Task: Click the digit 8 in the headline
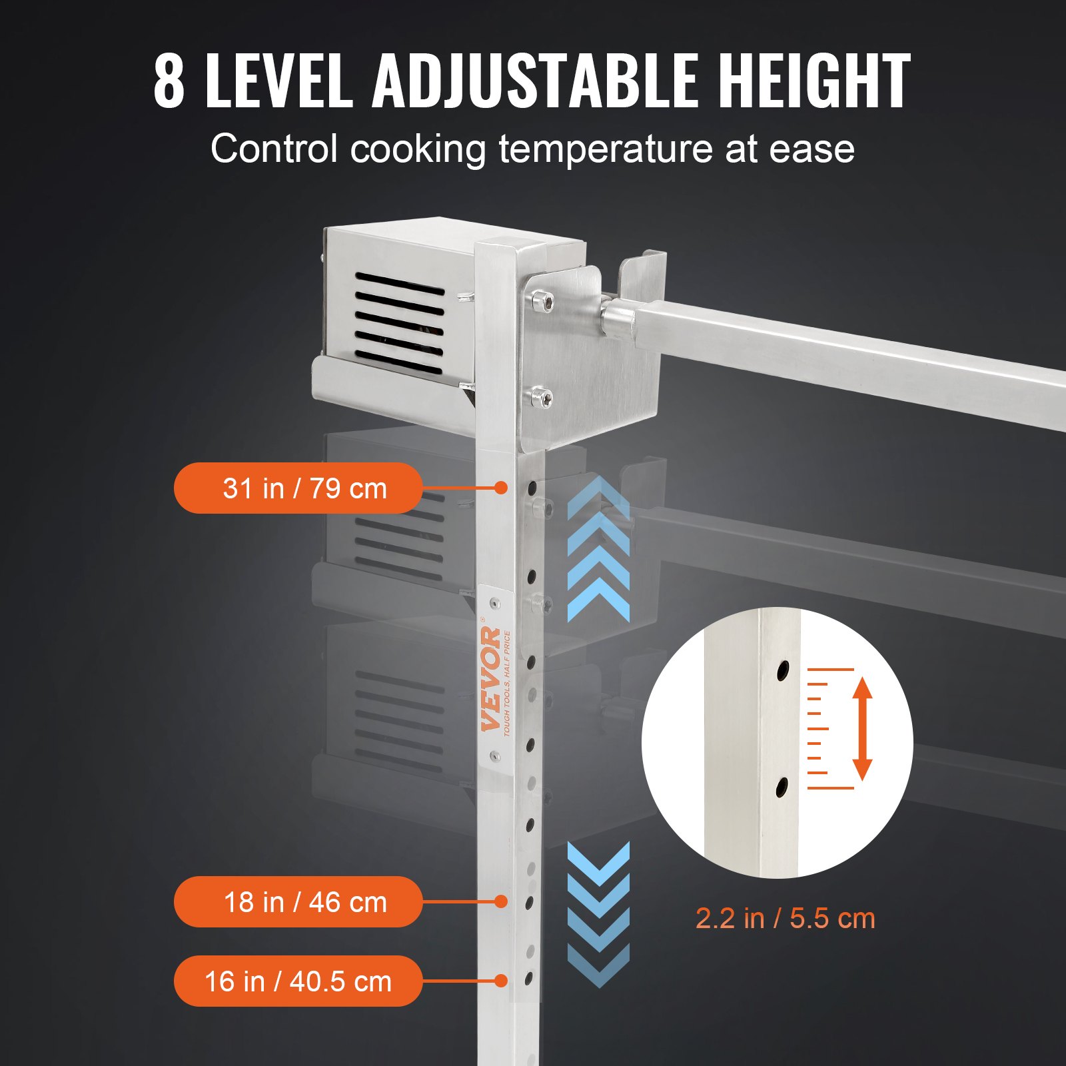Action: [169, 81]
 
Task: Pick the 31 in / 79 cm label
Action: [298, 488]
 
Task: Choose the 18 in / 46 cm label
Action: [298, 902]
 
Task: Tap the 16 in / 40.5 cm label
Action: [298, 981]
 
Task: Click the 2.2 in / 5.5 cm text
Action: [785, 919]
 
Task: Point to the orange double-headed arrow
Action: [862, 728]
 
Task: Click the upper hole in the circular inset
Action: [784, 670]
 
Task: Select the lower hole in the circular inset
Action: [782, 788]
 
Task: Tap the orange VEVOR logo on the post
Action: [492, 680]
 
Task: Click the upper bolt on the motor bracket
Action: [546, 301]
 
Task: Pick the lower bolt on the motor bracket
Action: [546, 398]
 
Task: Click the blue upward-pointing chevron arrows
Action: [598, 550]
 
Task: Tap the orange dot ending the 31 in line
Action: [502, 488]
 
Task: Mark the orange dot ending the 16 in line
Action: [502, 981]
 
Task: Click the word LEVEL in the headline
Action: [279, 81]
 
